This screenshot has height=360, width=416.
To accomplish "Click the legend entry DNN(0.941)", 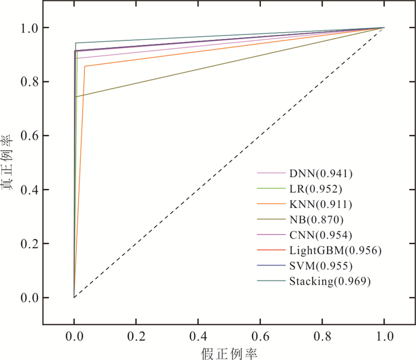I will [321, 174].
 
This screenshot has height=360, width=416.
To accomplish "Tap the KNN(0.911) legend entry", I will [321, 205].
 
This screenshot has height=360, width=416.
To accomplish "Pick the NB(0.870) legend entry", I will [317, 220].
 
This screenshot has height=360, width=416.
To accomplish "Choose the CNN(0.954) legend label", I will [321, 235].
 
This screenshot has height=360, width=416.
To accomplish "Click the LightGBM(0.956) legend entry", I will [335, 251].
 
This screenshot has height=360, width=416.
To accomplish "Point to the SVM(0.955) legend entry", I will [321, 266].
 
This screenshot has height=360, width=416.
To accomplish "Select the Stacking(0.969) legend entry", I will [330, 282].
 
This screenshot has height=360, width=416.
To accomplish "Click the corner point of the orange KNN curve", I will [85, 66].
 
